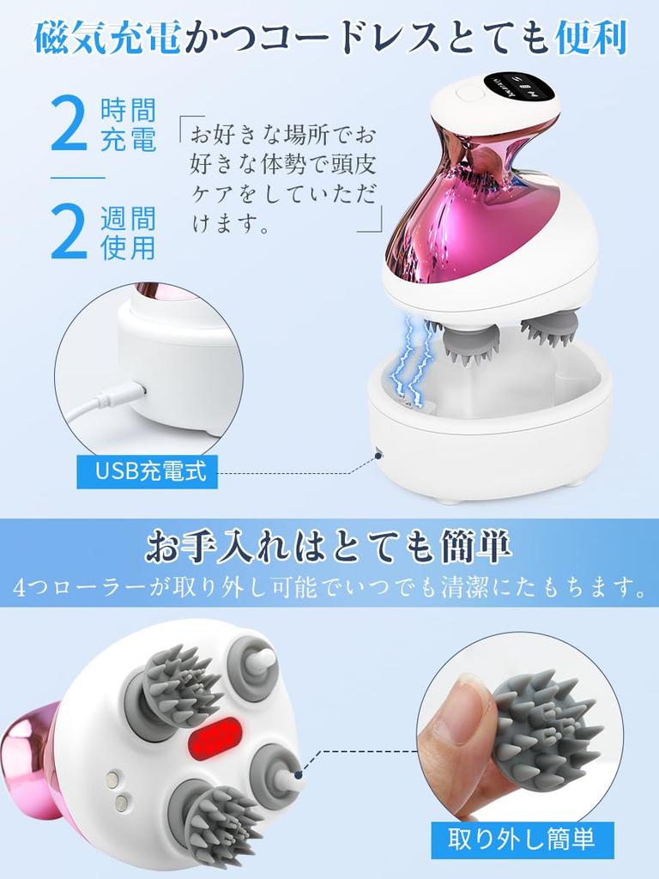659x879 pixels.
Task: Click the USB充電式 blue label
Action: tap(147, 472)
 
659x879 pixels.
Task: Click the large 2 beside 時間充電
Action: tap(70, 124)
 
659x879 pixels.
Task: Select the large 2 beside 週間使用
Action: tap(70, 233)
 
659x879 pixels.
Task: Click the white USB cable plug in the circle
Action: tap(120, 396)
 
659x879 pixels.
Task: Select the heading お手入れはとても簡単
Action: tap(329, 546)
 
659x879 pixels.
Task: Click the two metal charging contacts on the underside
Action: tap(115, 789)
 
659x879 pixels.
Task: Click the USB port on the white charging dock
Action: tap(378, 450)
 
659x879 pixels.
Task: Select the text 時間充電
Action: tap(129, 124)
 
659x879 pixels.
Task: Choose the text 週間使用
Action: tap(129, 233)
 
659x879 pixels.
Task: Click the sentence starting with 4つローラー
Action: tap(329, 589)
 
